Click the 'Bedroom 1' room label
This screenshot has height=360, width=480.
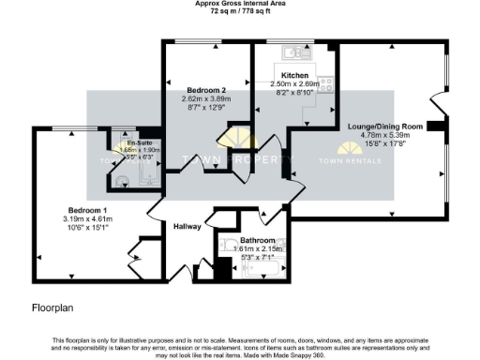coord(86,210)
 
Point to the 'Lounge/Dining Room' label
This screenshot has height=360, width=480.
coord(385,126)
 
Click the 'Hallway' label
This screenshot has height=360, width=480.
coord(188,226)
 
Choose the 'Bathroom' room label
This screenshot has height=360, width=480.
coord(251,240)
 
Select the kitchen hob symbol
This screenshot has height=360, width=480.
coord(326,85)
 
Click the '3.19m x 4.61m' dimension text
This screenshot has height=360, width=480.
coord(87,218)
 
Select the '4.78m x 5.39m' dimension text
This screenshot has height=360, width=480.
coord(385,134)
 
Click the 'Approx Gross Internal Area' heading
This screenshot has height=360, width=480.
coord(239,5)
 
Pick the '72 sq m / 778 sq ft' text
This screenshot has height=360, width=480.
coord(239,13)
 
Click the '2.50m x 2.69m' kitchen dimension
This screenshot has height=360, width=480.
coord(295,82)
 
